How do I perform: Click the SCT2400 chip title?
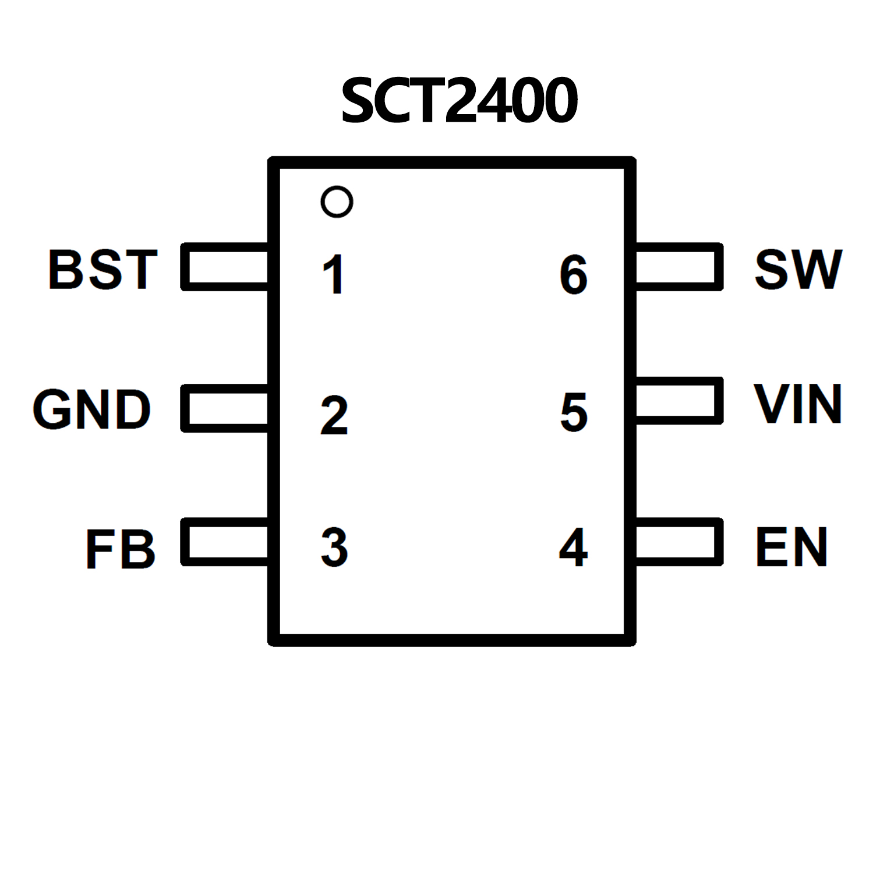coord(459,101)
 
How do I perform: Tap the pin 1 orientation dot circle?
coord(337,202)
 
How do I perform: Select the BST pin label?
coord(103,269)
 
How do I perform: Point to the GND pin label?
coord(92,409)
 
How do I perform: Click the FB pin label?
coord(121,549)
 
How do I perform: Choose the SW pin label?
coord(798,269)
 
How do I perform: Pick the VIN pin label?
coord(798,404)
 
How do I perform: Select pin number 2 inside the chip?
coord(334,415)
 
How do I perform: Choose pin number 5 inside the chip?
coord(574,412)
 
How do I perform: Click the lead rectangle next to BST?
coord(225,267)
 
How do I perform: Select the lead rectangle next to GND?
coord(225,408)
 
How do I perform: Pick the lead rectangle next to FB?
coord(225,542)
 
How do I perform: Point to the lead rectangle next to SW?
coord(679,267)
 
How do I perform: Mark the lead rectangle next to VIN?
coord(679,401)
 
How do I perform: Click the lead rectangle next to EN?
coord(679,542)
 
